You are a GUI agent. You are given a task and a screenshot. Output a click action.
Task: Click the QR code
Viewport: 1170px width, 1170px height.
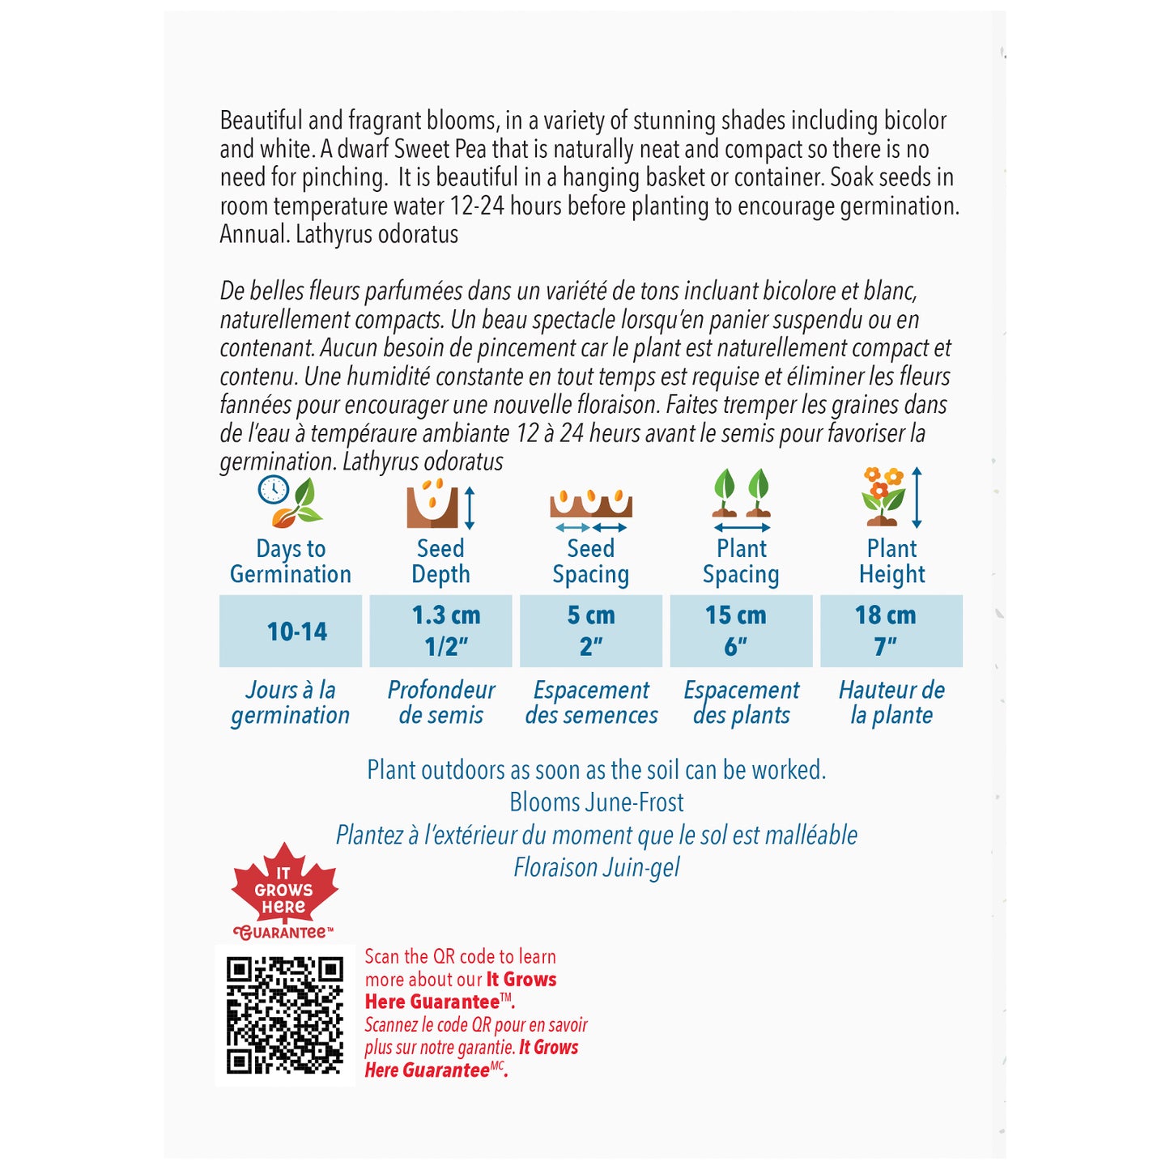pyautogui.click(x=284, y=1015)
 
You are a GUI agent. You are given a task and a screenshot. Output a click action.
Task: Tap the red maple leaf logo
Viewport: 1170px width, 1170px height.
pyautogui.click(x=284, y=888)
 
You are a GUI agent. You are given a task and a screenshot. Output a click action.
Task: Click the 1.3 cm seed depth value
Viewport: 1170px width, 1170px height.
pyautogui.click(x=445, y=616)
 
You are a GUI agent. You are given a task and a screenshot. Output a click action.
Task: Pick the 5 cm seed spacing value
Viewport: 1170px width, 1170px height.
pyautogui.click(x=591, y=616)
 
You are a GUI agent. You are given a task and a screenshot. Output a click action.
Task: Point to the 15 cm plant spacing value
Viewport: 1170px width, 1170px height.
pyautogui.click(x=735, y=616)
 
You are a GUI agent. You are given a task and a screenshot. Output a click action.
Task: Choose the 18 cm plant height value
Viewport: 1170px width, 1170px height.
pyautogui.click(x=885, y=616)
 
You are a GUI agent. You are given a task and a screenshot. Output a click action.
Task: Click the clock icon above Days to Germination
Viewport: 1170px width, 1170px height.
pyautogui.click(x=274, y=490)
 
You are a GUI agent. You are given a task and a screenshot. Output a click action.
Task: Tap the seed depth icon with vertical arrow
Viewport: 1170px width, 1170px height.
pyautogui.click(x=440, y=504)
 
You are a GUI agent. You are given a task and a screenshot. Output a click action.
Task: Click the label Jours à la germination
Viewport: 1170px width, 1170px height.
pyautogui.click(x=291, y=703)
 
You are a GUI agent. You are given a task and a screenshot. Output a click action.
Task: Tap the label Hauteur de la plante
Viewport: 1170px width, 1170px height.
pyautogui.click(x=891, y=703)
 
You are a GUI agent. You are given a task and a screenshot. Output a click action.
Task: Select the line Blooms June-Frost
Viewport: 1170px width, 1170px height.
pyautogui.click(x=597, y=802)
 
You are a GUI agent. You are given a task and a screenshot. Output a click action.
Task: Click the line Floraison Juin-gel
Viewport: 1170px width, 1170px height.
pyautogui.click(x=597, y=868)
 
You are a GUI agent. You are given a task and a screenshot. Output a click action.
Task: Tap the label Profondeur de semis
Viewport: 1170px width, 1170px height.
pyautogui.click(x=441, y=703)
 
